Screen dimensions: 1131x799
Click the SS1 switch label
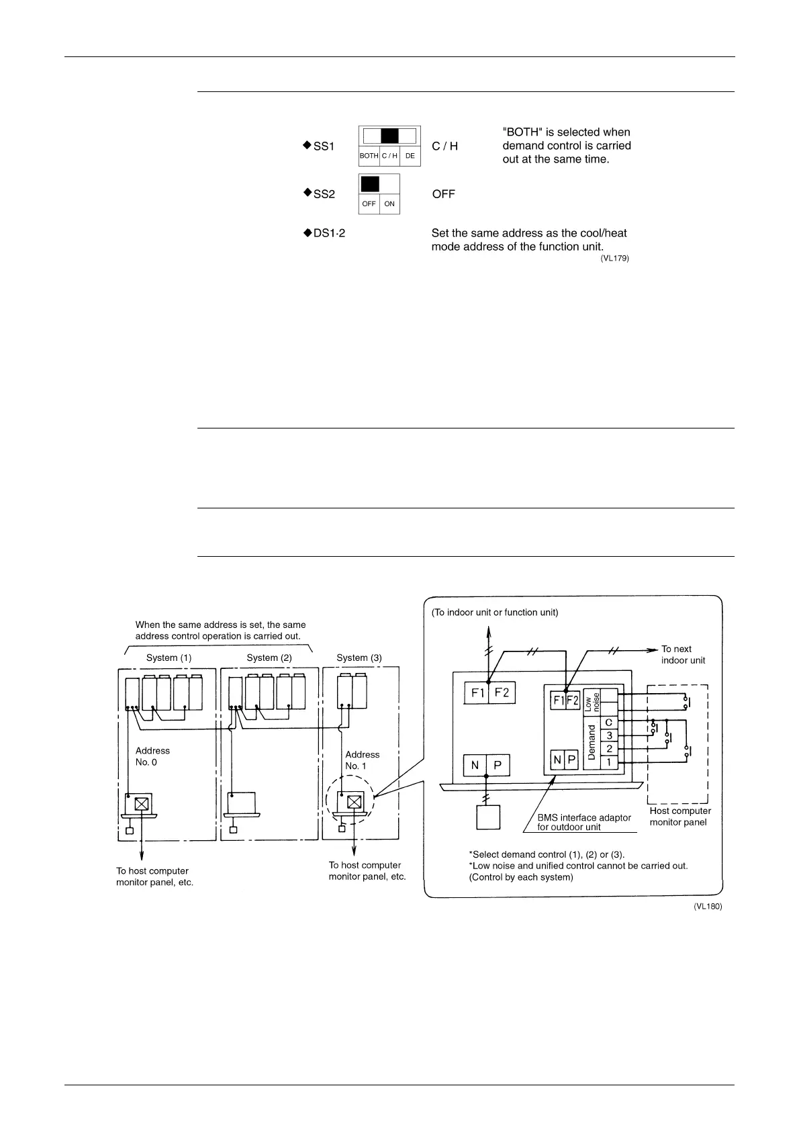point(324,146)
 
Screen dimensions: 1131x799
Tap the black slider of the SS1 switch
point(389,136)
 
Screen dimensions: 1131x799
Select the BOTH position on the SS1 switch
point(369,156)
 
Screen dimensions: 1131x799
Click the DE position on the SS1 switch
point(410,156)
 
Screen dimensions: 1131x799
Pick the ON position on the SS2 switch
point(389,203)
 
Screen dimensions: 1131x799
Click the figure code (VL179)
point(614,258)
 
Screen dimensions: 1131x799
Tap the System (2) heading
point(269,658)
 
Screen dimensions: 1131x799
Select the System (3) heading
point(359,658)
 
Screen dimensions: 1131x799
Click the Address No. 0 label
point(152,756)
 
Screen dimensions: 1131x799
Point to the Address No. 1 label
point(362,760)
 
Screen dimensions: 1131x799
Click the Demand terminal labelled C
point(608,722)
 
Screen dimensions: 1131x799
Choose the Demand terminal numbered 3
point(608,735)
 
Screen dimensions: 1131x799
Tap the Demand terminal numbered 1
point(608,762)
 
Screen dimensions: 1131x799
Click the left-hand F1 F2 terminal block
point(489,692)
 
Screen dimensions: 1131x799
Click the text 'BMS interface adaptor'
point(584,817)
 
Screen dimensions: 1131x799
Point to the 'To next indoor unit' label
point(683,654)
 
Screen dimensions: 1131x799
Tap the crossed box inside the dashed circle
point(355,802)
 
